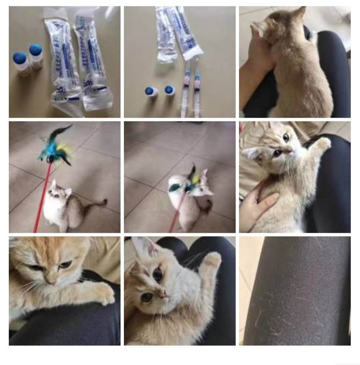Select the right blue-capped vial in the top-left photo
pos(36,55)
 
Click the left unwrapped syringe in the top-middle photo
pos(185,86)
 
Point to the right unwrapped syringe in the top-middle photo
pos(197,86)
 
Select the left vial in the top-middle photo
pos(151,91)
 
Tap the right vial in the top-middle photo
pos(170,90)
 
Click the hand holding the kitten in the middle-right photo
pos(256,205)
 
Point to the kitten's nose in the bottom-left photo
pos(50,279)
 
